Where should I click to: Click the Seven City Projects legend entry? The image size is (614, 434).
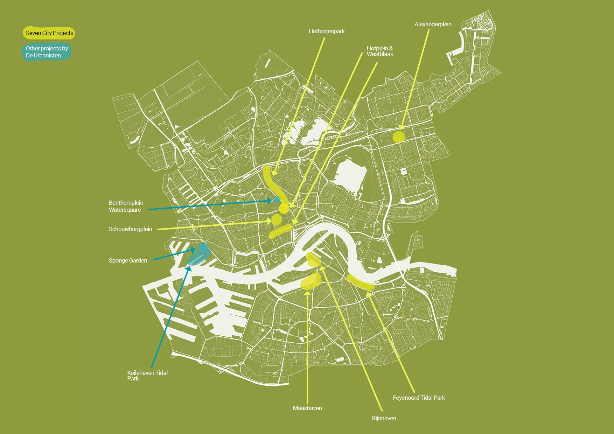[x=49, y=33]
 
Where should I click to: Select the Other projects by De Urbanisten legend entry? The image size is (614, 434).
[x=47, y=52]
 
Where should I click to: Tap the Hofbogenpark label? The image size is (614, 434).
[x=327, y=31]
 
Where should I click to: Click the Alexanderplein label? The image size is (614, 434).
[x=433, y=24]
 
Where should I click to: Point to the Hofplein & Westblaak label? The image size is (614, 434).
[x=380, y=51]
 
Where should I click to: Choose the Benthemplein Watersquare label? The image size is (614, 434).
[x=126, y=206]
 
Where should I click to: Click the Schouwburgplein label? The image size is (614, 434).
[x=130, y=229]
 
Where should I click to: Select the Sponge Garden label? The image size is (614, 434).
[x=128, y=260]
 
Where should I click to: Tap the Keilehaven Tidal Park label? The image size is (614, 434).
[x=147, y=375]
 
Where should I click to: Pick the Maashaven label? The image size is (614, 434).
[x=307, y=408]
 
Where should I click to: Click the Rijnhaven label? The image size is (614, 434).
[x=384, y=418]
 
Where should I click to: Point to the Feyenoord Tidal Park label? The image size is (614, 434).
[x=419, y=398]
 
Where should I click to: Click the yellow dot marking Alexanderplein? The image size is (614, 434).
[x=399, y=137]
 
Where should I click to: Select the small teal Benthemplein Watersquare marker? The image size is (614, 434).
[x=277, y=199]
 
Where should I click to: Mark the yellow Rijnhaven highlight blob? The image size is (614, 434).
[x=313, y=259]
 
